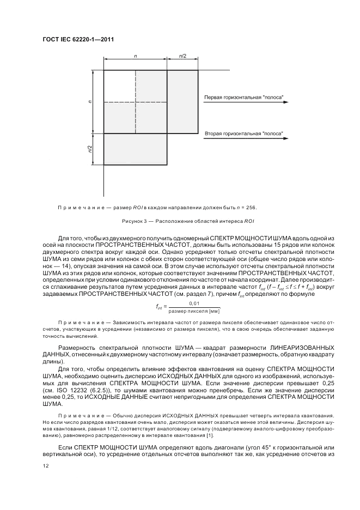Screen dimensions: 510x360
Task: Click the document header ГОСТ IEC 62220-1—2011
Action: [x=77, y=40]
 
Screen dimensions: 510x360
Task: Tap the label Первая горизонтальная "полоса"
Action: [x=243, y=98]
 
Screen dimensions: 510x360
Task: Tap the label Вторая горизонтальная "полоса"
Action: [x=243, y=133]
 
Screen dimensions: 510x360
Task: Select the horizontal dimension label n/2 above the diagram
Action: [x=182, y=56]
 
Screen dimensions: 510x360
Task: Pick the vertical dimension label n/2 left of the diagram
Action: [x=90, y=148]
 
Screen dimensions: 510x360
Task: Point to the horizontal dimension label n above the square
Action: [x=135, y=56]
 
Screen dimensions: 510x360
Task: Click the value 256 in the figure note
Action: [x=251, y=207]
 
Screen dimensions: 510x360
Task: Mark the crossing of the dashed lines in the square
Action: [x=135, y=102]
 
